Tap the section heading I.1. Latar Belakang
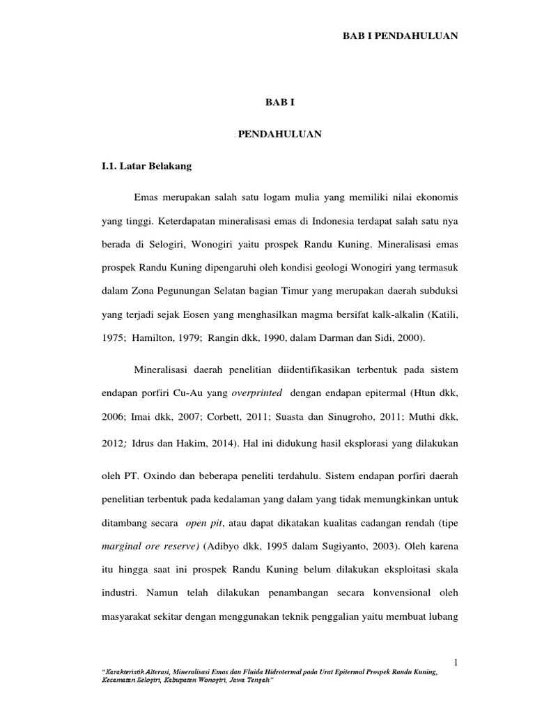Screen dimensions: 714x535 click(x=146, y=167)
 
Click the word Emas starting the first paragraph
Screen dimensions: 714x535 click(x=147, y=198)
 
